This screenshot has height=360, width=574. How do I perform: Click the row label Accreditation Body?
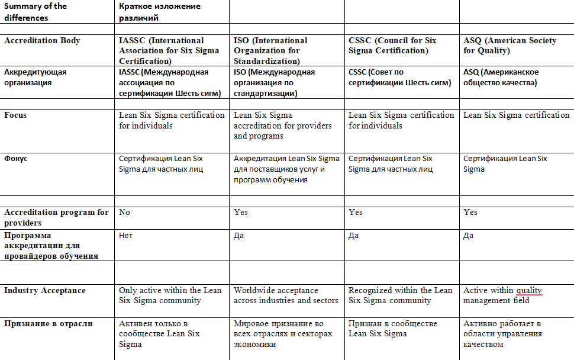(x=42, y=41)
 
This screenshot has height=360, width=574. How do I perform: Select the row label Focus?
(x=15, y=115)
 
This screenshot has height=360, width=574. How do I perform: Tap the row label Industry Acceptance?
(x=45, y=291)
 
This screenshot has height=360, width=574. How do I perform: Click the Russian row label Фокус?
(x=15, y=159)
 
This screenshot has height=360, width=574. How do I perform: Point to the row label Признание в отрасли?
(x=47, y=324)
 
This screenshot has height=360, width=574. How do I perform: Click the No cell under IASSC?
(x=124, y=212)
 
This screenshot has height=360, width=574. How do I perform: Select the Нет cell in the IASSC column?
(x=125, y=235)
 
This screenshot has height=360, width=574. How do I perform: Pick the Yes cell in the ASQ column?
(x=470, y=212)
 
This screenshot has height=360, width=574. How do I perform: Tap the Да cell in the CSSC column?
(x=354, y=235)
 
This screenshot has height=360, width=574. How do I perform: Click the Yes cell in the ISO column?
(x=241, y=212)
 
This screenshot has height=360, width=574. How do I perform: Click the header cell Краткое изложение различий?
(x=159, y=12)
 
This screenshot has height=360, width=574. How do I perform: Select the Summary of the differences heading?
(x=36, y=12)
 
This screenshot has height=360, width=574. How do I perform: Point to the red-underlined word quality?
(x=529, y=291)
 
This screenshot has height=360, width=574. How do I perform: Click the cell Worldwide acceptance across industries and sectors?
(x=286, y=295)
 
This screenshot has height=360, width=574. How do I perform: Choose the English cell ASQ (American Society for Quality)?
(x=509, y=46)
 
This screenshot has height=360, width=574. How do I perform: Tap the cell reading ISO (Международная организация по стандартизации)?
(x=275, y=82)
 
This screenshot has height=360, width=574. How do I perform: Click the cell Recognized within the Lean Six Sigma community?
(x=400, y=295)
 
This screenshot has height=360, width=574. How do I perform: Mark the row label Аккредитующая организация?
(x=36, y=77)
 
